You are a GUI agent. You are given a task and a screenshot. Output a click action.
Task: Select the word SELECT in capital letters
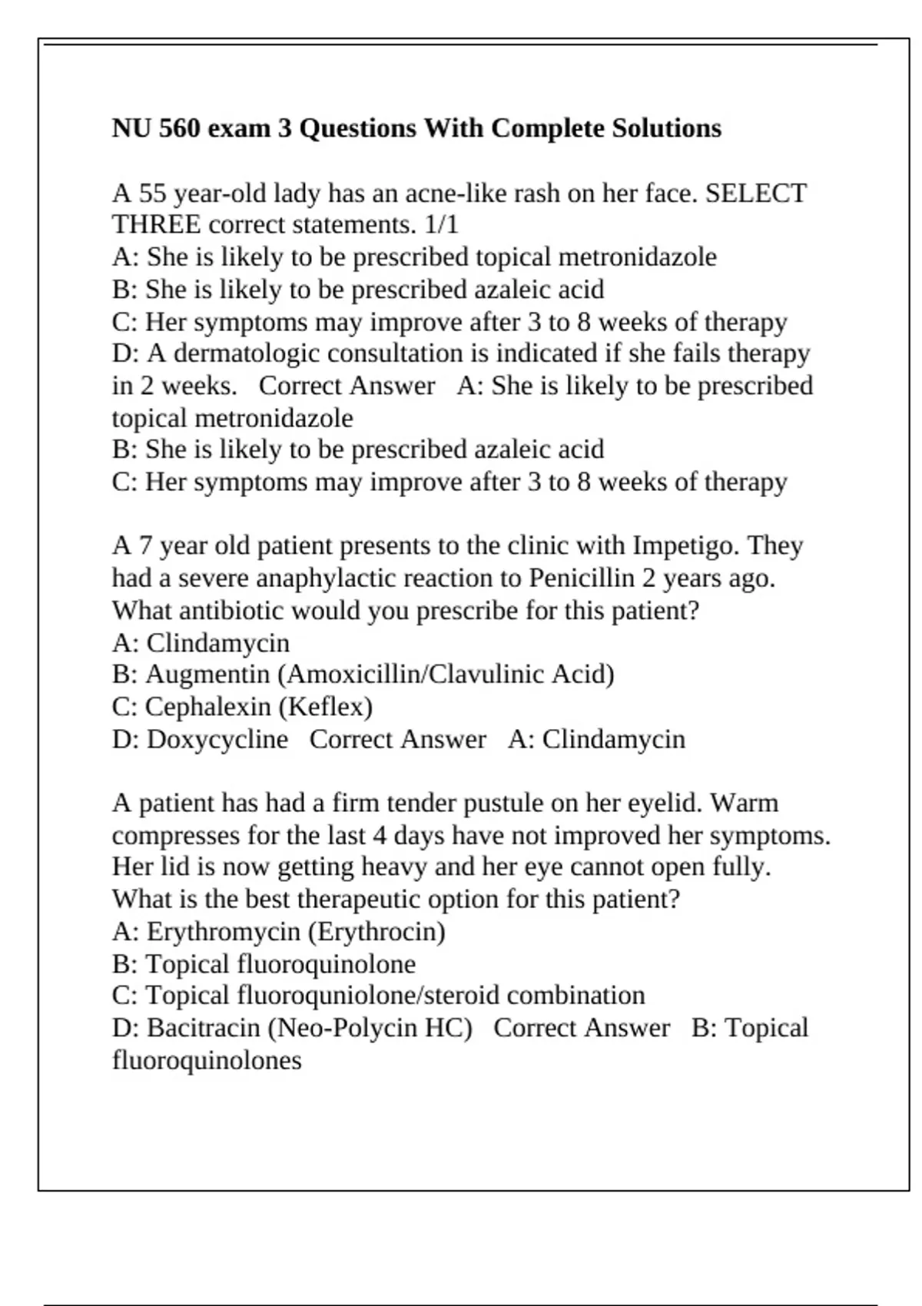[756, 193]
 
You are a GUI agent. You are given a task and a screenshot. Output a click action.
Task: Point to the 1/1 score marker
[441, 225]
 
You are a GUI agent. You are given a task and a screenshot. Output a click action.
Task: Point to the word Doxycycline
[217, 739]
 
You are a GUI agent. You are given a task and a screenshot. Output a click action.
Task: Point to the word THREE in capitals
[157, 225]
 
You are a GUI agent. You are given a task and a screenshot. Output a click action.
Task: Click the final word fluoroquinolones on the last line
[207, 1060]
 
